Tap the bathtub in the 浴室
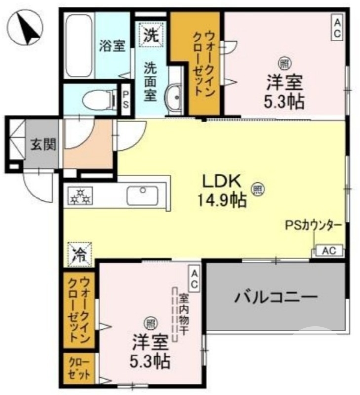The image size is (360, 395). coord(79,45)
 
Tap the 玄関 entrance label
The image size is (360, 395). coord(43,145)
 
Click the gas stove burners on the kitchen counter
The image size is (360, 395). coord(80,196)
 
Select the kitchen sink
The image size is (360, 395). coord(143,195)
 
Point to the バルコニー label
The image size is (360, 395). coord(275,298)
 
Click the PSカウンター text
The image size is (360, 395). coord(313,225)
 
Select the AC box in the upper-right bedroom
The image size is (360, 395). coord(337,28)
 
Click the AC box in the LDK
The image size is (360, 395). coord(328,251)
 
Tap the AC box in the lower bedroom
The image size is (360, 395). coord(194,278)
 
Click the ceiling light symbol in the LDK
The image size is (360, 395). coord(257,188)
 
